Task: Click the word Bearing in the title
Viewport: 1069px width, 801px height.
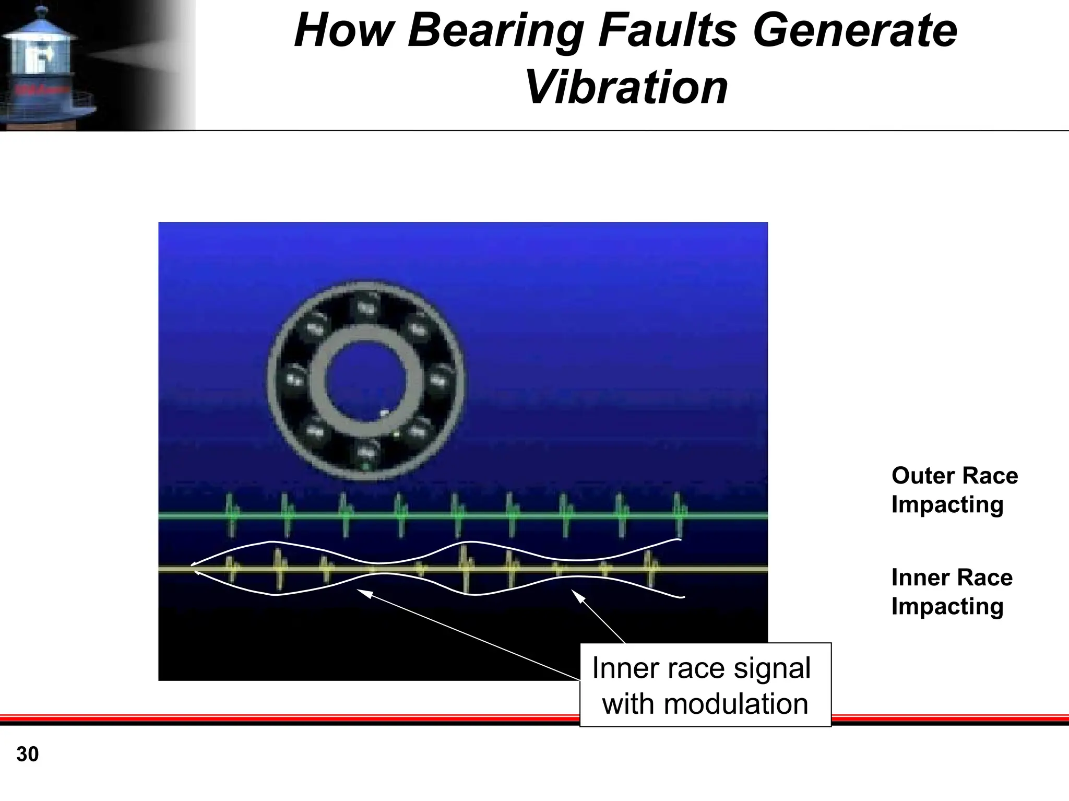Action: pos(496,32)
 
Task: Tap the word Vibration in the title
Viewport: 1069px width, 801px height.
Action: pos(626,87)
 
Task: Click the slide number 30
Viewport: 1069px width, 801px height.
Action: pos(28,755)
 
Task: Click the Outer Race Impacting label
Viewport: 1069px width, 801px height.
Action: pos(954,490)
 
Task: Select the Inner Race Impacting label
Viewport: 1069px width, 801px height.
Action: pos(952,592)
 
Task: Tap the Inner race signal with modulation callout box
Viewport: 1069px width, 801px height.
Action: pos(705,685)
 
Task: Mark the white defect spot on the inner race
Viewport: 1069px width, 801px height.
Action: pos(385,413)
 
